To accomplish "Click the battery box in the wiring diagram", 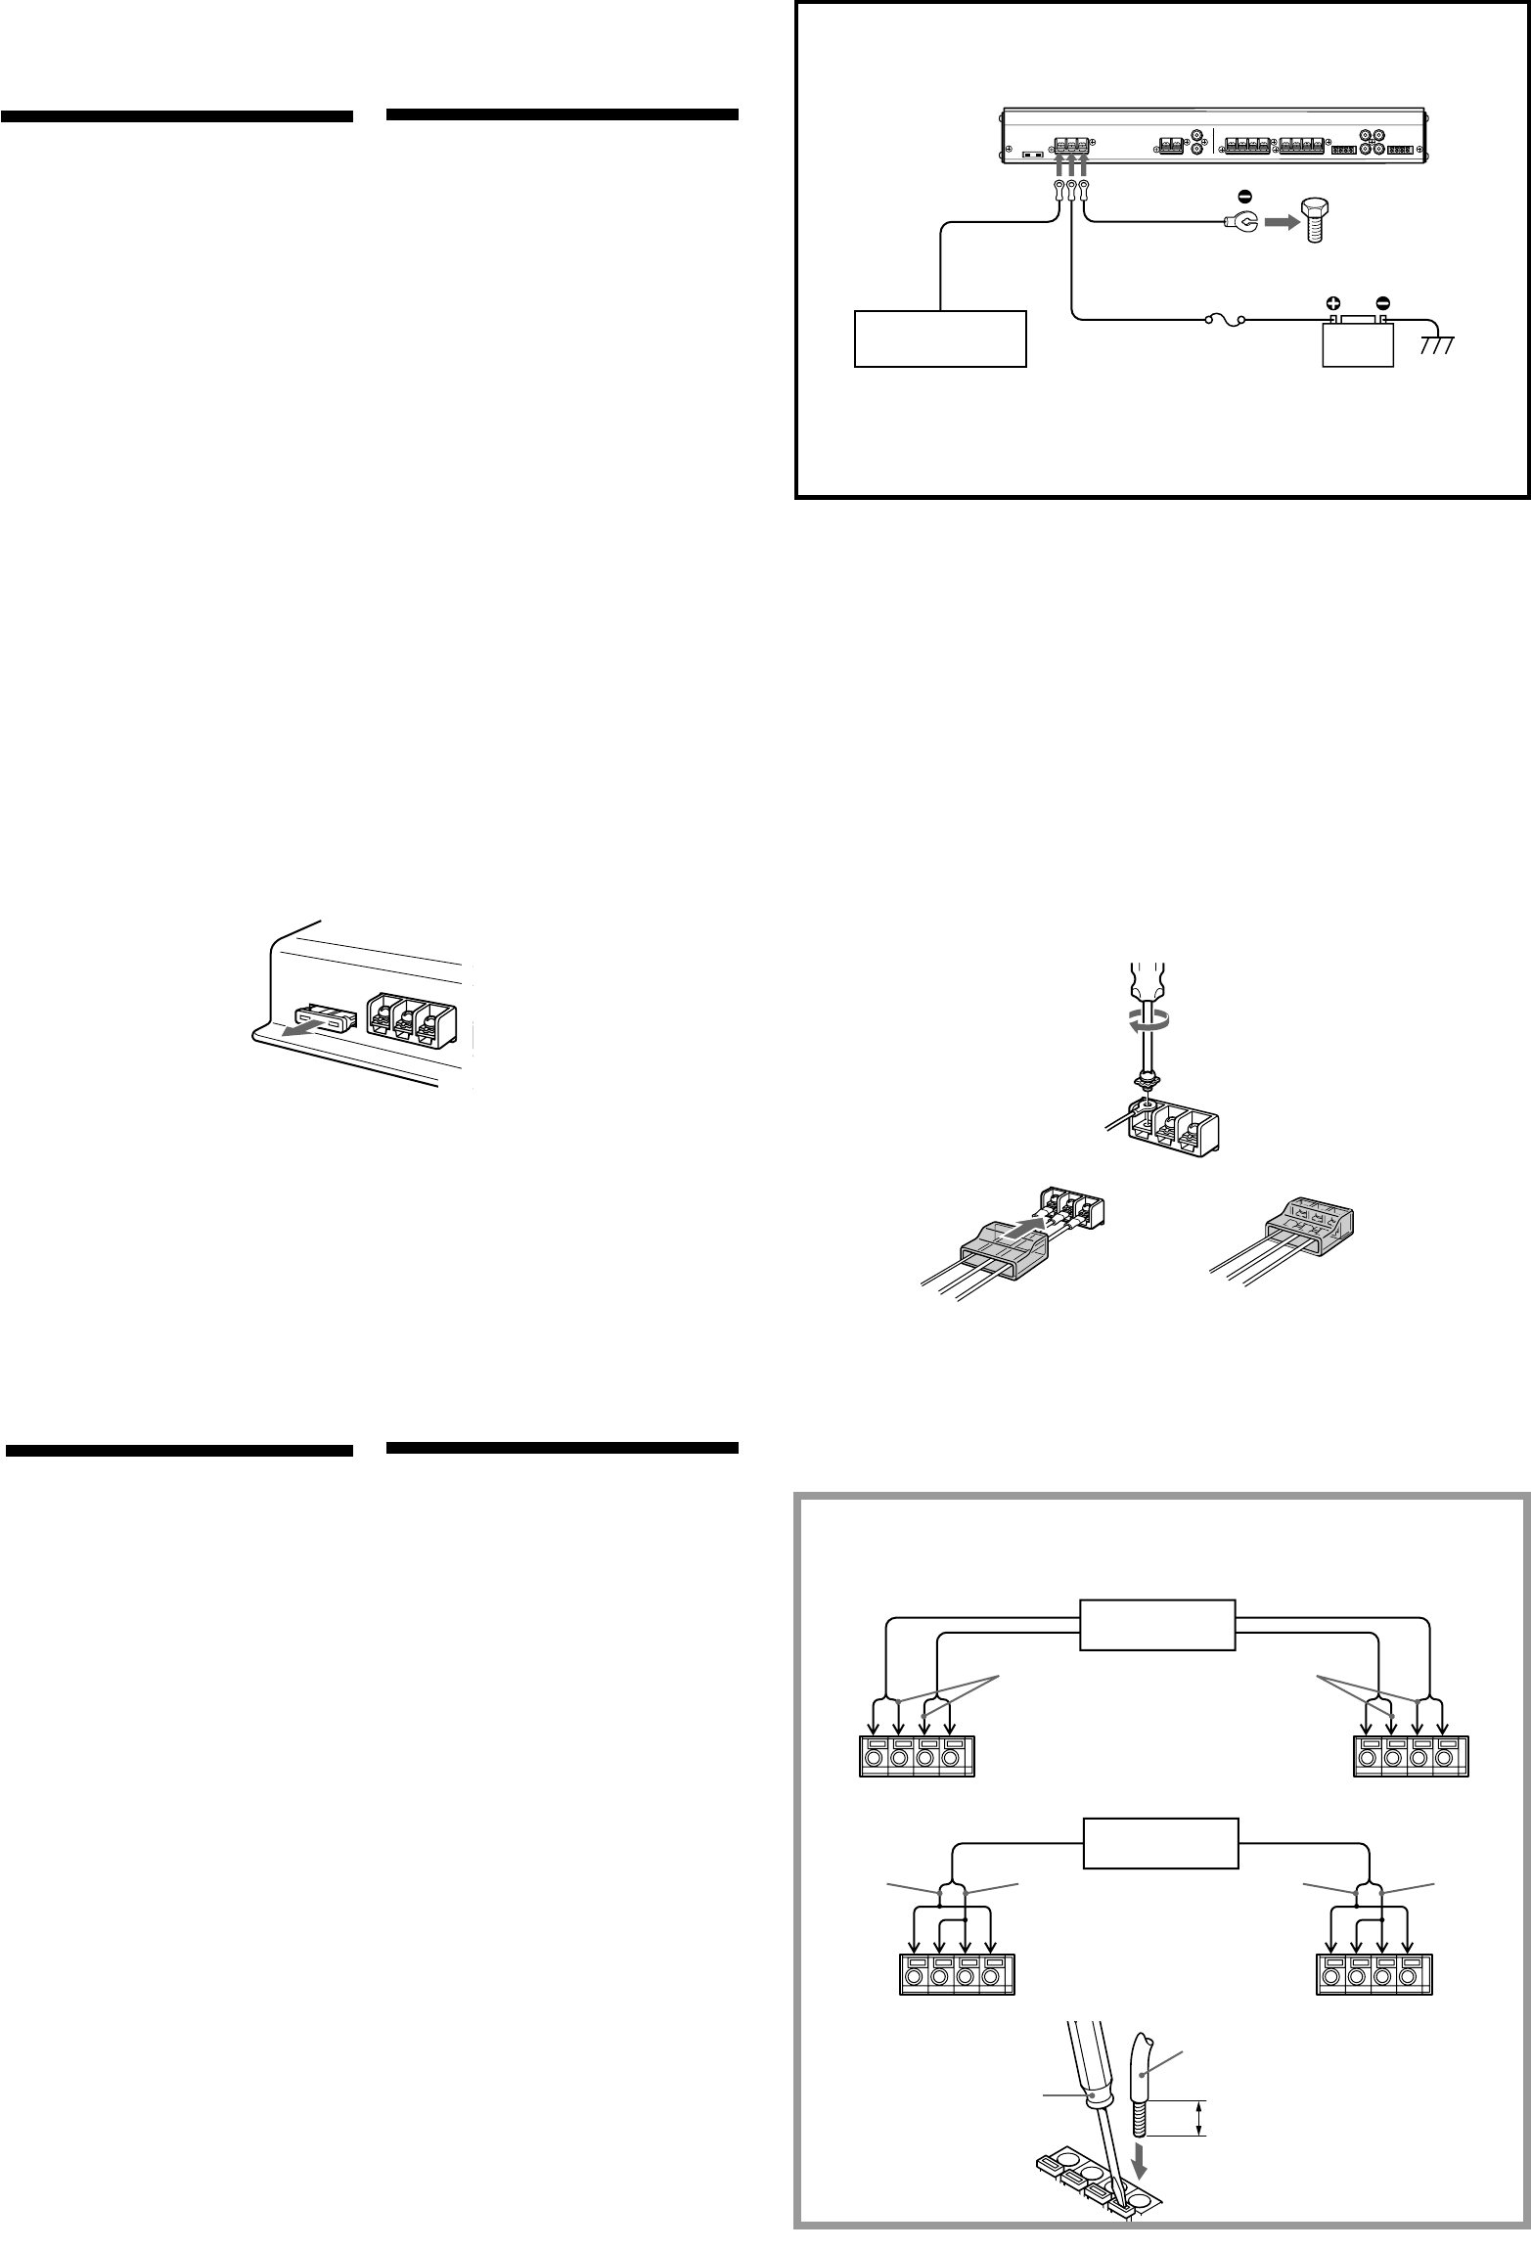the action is [x=1357, y=341].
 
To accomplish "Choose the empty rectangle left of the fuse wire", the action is [x=940, y=338].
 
